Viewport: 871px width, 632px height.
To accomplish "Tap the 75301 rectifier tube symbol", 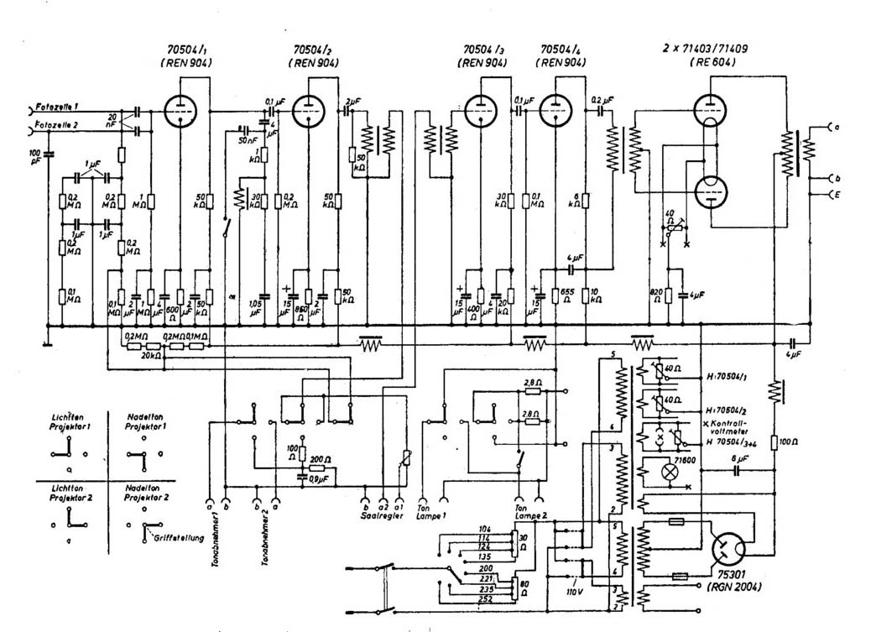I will (728, 551).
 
